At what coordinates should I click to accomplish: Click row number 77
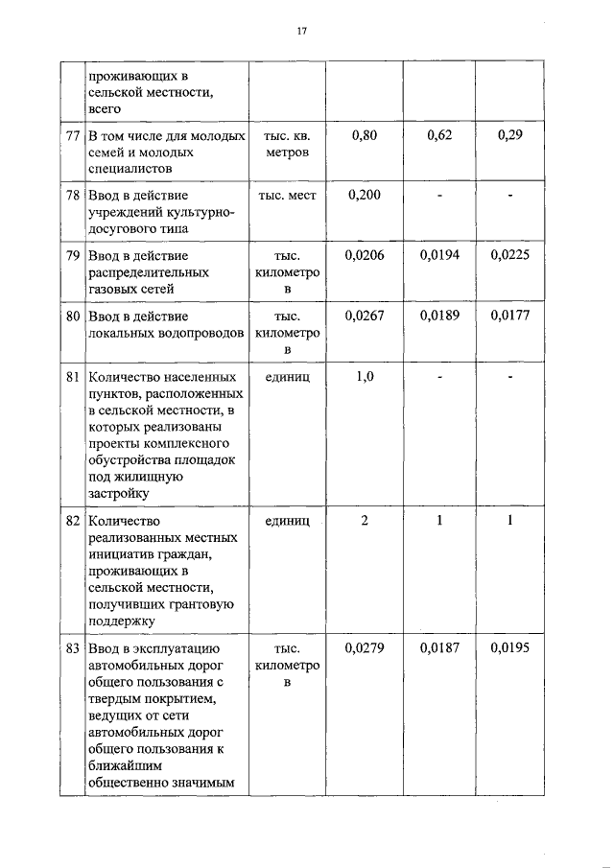72,136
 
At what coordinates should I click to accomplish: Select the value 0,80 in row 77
365,136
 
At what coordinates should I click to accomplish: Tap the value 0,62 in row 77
439,136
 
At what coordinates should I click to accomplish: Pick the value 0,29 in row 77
510,136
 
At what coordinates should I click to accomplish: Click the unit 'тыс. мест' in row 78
288,196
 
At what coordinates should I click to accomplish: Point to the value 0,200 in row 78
365,196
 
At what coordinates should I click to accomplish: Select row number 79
72,256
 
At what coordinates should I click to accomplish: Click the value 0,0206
365,256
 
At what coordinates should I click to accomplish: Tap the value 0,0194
439,256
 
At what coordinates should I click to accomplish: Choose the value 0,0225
510,256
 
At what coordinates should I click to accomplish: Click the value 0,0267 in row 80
365,317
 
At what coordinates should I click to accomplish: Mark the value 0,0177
510,317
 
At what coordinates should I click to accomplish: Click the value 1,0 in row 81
365,377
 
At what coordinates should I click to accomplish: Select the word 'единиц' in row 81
288,377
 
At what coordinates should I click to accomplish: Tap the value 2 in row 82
365,521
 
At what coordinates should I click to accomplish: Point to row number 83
72,648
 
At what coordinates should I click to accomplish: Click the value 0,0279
365,648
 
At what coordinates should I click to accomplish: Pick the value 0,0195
510,648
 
